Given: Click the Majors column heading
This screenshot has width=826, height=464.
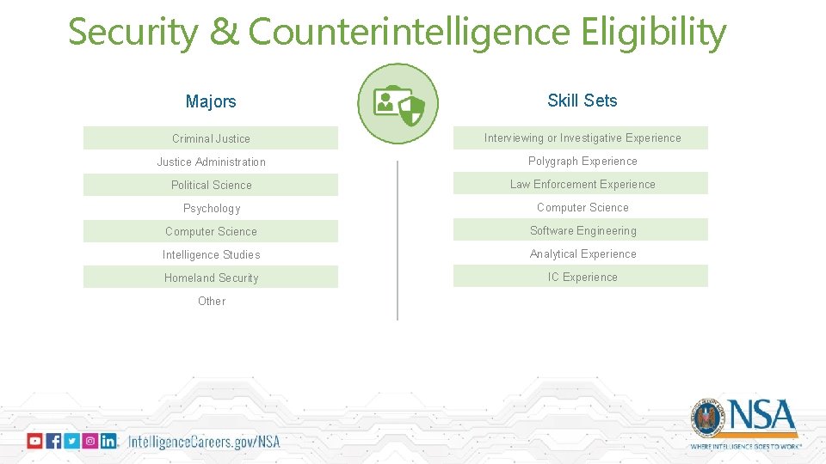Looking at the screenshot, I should (211, 101).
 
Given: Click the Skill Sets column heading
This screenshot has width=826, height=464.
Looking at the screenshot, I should (583, 101).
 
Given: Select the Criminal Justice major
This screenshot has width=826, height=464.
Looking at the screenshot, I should (211, 138).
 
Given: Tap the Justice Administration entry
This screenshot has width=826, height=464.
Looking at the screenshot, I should (211, 162).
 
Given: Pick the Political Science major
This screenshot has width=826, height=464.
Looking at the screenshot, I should (211, 185).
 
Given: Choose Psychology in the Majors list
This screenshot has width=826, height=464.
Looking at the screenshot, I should (211, 208).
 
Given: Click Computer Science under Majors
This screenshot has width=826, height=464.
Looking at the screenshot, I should (211, 231).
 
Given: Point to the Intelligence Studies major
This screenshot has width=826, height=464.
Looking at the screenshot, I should (211, 254).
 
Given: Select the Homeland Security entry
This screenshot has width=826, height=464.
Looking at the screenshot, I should (211, 278).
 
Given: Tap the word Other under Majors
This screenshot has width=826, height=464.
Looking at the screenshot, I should (211, 301).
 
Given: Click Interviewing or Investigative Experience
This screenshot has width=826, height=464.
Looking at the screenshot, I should (583, 137).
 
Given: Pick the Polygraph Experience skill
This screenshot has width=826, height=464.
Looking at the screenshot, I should (583, 161).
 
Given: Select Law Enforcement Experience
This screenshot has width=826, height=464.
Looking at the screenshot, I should (583, 184).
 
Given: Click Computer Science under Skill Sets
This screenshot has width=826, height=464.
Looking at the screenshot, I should (583, 207).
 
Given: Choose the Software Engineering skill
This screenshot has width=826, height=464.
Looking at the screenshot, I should (583, 230).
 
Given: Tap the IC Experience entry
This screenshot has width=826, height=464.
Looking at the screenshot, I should (583, 277).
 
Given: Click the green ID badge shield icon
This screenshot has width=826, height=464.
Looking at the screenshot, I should (398, 104).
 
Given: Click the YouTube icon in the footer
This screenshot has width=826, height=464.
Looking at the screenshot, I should (34, 441).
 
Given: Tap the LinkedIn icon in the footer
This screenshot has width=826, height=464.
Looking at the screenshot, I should (108, 441).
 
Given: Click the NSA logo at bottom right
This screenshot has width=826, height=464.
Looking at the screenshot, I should (745, 422).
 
